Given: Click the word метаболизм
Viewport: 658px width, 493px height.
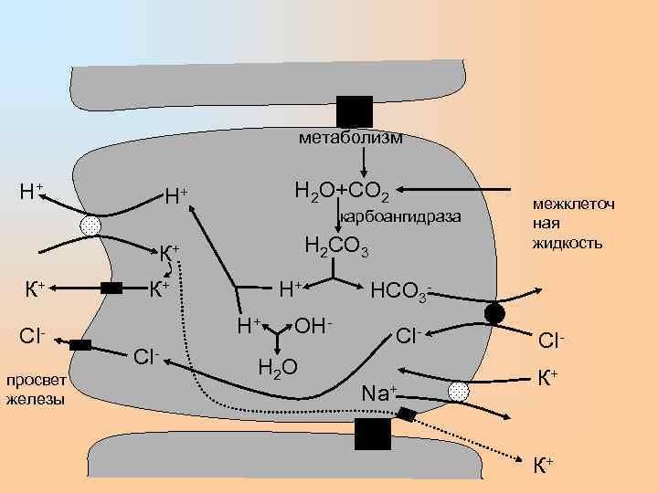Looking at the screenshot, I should tap(350, 138).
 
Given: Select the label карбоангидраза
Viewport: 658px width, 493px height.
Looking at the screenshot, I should tap(400, 217).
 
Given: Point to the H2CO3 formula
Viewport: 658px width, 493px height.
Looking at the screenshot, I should tap(335, 246).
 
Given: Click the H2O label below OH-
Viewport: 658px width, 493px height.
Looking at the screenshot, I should tap(276, 367).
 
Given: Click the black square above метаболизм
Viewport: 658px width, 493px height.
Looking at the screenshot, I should tap(355, 110).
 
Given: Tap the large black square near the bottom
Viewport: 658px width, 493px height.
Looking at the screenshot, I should tap(372, 435).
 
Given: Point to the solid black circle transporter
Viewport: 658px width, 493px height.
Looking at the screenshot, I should tap(493, 314).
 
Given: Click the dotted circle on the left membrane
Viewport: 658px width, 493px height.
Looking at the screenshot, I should tap(91, 225).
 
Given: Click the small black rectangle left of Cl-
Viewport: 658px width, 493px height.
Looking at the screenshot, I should tap(80, 345).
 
